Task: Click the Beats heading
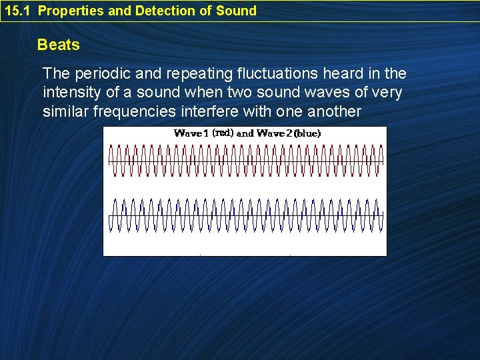coord(59,45)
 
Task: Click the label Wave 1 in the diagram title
coord(191,133)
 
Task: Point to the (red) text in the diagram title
coord(223,133)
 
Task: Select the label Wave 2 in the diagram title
coord(274,133)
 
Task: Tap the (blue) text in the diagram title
coord(307,133)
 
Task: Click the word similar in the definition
coord(64,111)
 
